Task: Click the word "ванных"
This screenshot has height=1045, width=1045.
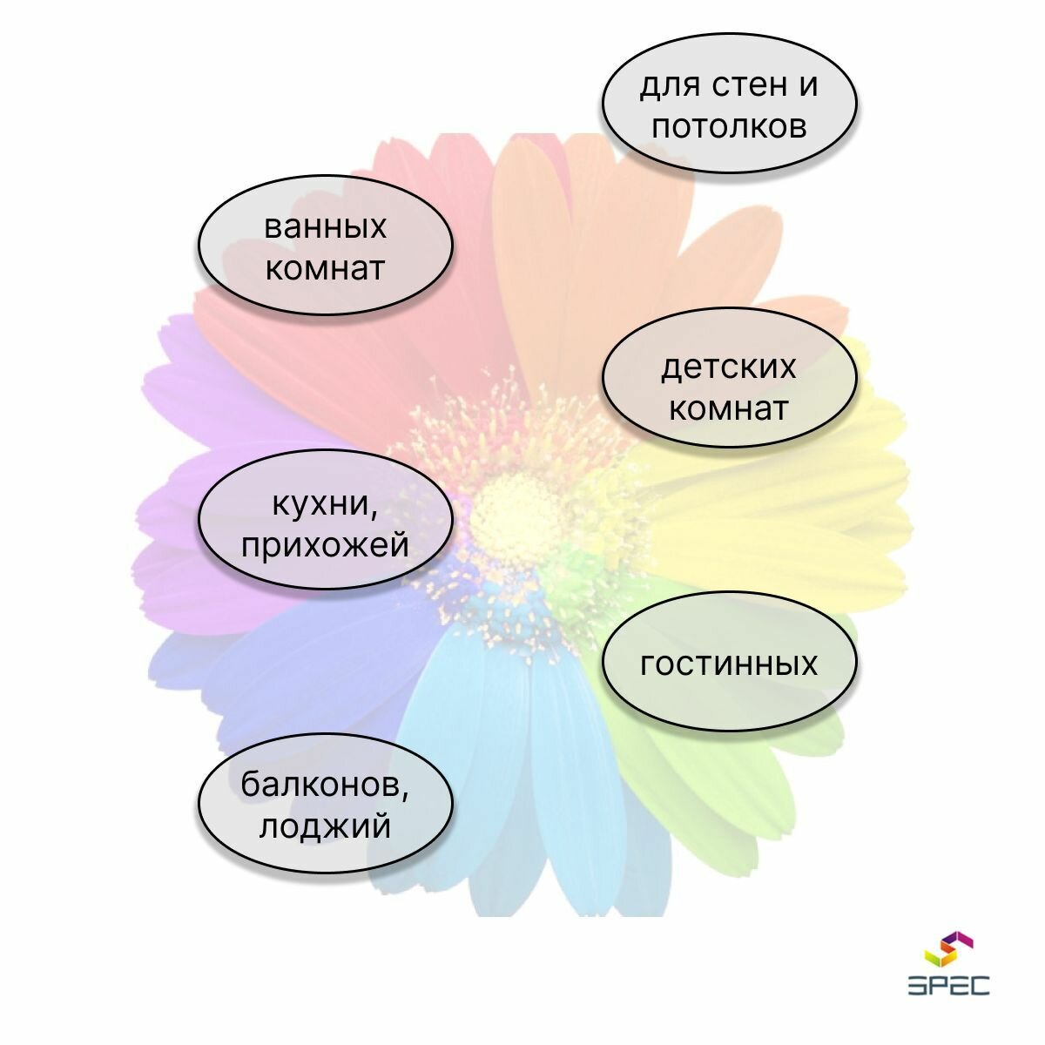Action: click(325, 227)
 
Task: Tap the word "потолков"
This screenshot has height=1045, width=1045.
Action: click(729, 127)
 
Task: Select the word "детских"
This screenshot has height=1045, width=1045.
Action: click(729, 367)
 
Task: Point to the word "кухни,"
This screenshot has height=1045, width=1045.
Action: click(325, 504)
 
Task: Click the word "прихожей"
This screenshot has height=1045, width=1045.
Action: click(325, 546)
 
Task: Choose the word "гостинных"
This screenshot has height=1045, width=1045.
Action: click(729, 664)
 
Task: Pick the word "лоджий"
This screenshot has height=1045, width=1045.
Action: click(325, 826)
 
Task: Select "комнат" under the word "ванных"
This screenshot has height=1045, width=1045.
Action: click(325, 267)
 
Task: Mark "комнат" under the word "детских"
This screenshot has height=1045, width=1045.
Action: click(729, 408)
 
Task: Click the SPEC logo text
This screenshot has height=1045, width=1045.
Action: click(948, 985)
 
